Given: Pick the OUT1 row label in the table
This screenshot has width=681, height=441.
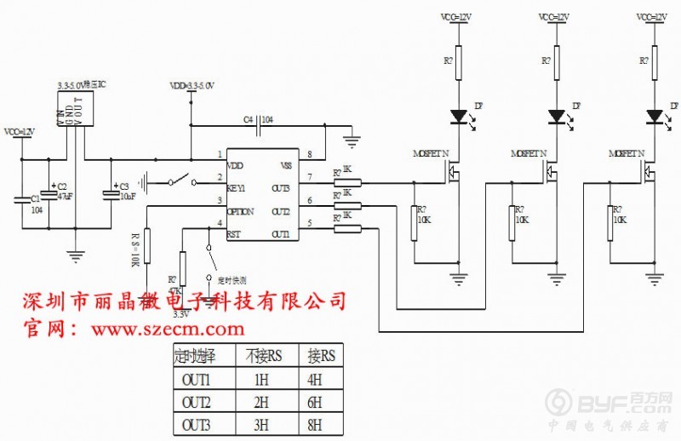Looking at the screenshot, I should (x=196, y=379).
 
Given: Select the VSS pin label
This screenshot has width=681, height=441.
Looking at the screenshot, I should (x=286, y=166).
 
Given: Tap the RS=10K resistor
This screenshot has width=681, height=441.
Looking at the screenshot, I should (x=146, y=246).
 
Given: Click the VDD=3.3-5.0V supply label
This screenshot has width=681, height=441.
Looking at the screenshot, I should (x=192, y=86).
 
